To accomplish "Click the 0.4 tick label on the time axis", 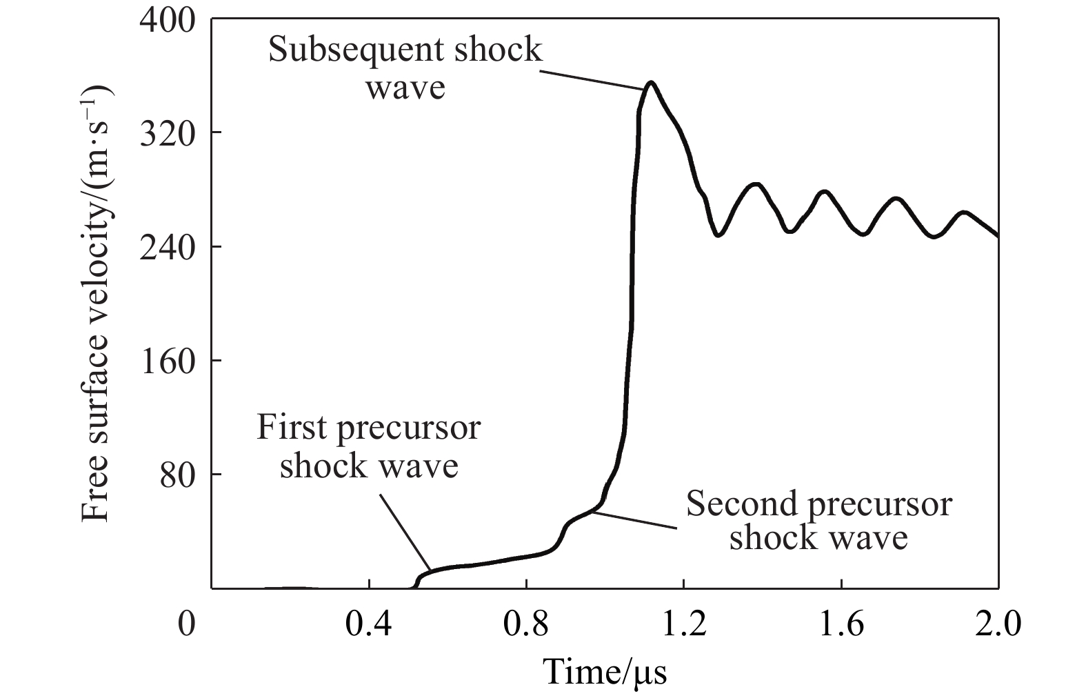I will point(369,626).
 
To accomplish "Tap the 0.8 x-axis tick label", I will point(526,626).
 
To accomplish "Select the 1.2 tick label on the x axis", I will point(683,626).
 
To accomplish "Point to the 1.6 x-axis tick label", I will point(841,626).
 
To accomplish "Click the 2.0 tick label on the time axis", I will point(997,626).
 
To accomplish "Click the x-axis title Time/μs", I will point(605,671).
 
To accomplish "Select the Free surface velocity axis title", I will point(97,304).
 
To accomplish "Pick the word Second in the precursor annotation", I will point(738,504).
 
